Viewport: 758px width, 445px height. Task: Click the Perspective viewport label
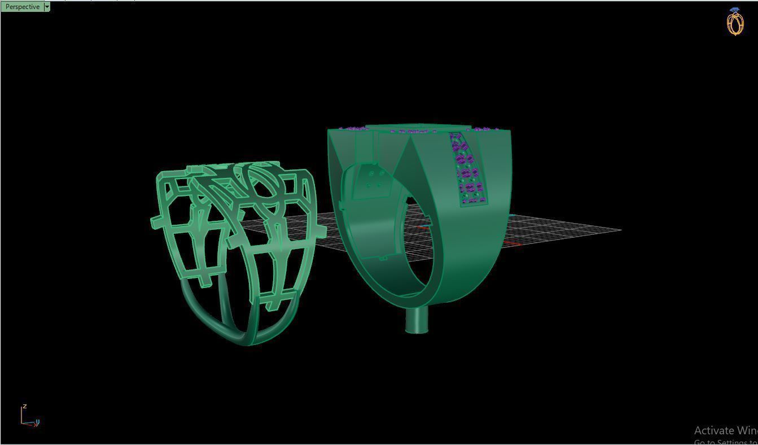tap(22, 7)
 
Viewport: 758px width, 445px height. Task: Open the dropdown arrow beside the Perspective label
tap(47, 7)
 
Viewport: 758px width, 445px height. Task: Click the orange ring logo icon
tap(735, 23)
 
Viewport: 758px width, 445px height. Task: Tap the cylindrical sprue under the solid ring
tap(417, 321)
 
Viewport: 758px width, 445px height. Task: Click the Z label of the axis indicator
tap(25, 407)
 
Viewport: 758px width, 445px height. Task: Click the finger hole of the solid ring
tap(420, 248)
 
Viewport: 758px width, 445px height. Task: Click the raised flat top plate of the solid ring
tap(418, 127)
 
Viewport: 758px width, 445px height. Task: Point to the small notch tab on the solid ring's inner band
tap(383, 258)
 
